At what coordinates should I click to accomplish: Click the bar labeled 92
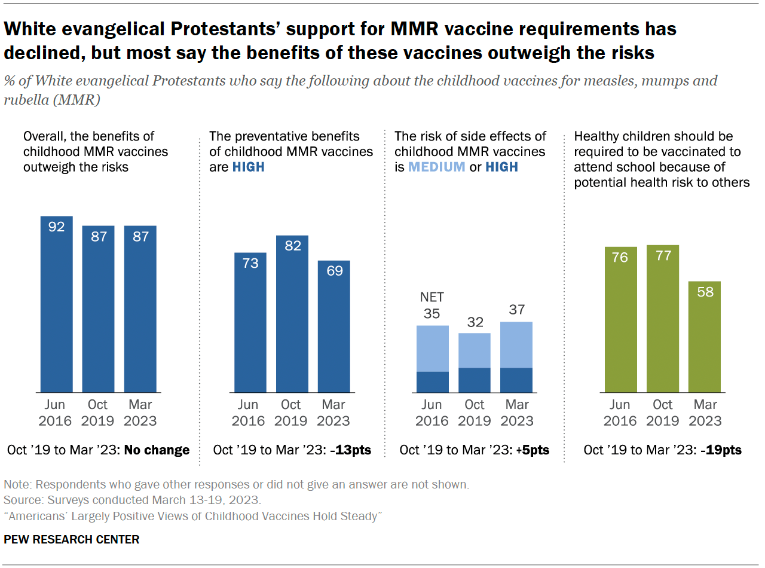56,305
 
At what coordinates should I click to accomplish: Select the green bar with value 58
705,337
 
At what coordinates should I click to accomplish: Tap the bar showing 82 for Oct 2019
292,314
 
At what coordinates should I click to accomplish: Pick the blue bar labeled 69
333,326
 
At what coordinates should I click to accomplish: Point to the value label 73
250,262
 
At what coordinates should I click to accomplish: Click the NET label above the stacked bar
432,297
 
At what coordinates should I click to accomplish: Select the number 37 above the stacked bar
516,310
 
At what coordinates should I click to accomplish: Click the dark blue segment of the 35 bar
432,382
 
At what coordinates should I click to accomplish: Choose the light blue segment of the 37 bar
516,344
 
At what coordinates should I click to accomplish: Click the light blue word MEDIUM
436,167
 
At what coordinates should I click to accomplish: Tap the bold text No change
157,450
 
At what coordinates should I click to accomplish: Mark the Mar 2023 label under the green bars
705,413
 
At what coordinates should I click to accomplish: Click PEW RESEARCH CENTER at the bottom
72,539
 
